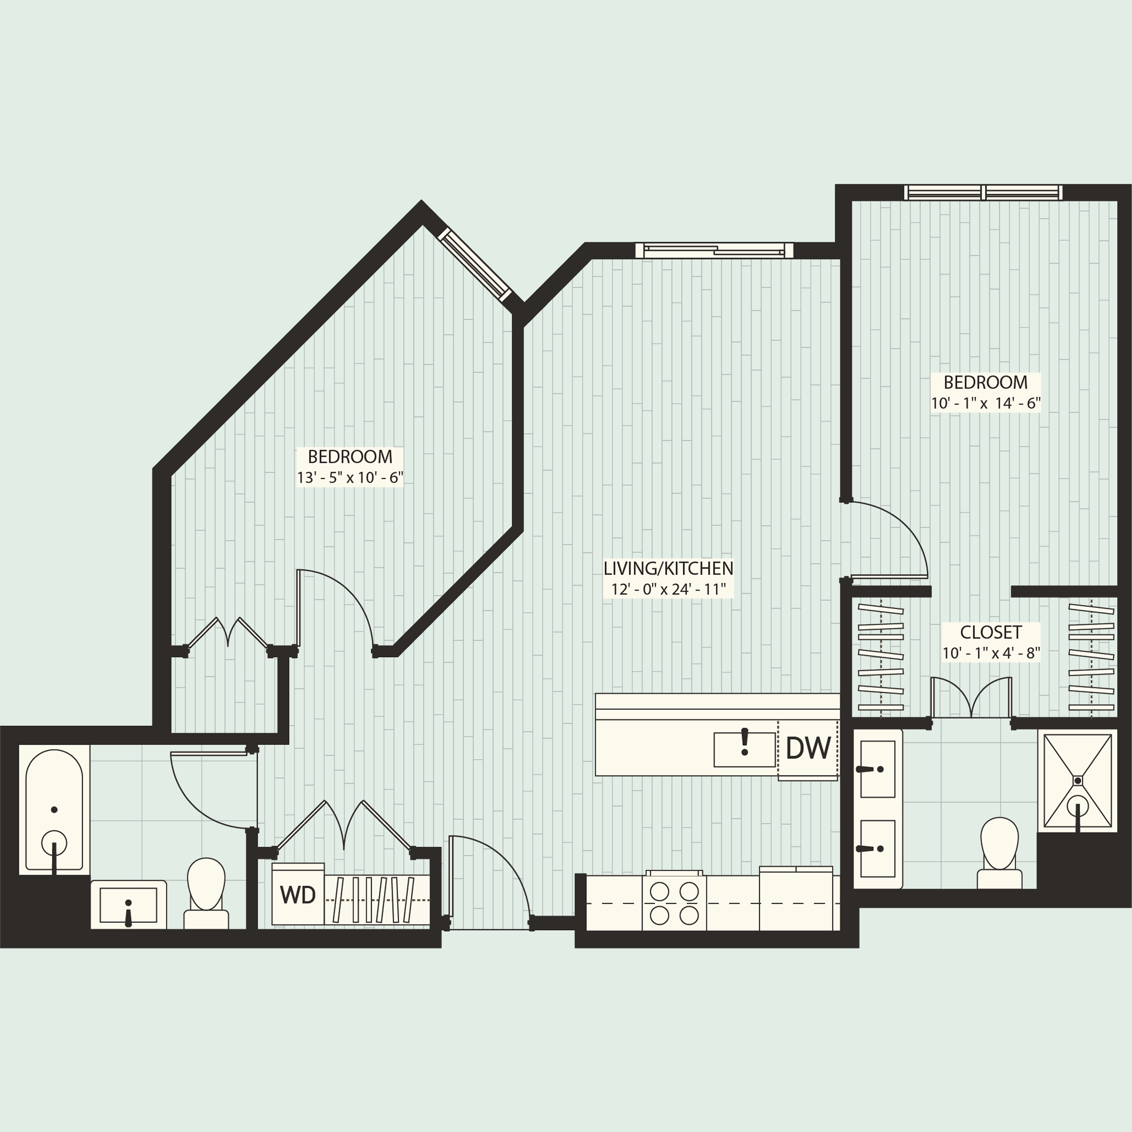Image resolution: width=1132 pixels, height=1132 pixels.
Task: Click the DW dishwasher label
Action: pyautogui.click(x=808, y=748)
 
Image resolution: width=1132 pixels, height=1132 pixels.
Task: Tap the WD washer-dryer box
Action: pyautogui.click(x=298, y=895)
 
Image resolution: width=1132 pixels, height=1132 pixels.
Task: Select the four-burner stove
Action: pyautogui.click(x=674, y=903)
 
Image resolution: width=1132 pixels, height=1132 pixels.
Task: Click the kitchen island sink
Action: pyautogui.click(x=744, y=749)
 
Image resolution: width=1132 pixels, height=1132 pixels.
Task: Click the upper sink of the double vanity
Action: pyautogui.click(x=877, y=769)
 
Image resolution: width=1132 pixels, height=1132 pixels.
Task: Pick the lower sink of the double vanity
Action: pyautogui.click(x=877, y=848)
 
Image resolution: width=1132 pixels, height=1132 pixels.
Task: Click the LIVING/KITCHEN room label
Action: pyautogui.click(x=668, y=568)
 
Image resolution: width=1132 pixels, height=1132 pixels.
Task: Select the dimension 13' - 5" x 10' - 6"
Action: pyautogui.click(x=350, y=477)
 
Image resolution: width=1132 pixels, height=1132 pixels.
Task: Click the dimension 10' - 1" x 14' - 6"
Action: pyautogui.click(x=985, y=404)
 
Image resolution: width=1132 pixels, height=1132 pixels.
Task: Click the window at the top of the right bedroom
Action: pyautogui.click(x=983, y=192)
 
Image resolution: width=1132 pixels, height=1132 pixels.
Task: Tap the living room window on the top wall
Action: pyautogui.click(x=714, y=251)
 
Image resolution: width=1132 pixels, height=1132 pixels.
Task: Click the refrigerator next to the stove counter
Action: pyautogui.click(x=796, y=899)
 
